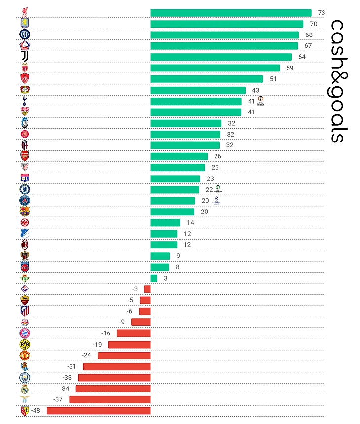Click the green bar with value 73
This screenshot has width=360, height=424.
(x=231, y=13)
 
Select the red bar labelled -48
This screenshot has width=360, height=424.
(x=99, y=410)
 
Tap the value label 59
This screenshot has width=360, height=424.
(x=290, y=68)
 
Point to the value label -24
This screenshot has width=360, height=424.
(x=87, y=355)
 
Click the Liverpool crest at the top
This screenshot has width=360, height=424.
(x=25, y=12)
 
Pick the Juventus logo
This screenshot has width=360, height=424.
(x=25, y=56)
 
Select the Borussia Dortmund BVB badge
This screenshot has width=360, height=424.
(x=25, y=344)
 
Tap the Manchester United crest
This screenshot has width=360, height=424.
(x=25, y=355)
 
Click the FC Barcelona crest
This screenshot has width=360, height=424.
(x=25, y=212)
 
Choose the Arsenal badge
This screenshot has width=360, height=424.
(x=25, y=156)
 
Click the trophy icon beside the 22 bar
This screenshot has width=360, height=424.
(x=218, y=188)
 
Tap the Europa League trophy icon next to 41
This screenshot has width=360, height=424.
(x=261, y=100)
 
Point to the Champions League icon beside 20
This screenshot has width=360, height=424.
(x=216, y=200)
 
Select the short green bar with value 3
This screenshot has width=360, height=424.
(x=154, y=278)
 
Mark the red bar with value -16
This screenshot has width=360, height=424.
(x=134, y=333)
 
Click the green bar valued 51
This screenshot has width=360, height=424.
(x=207, y=79)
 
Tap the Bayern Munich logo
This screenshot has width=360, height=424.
(x=25, y=333)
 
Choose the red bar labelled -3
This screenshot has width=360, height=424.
(x=147, y=289)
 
